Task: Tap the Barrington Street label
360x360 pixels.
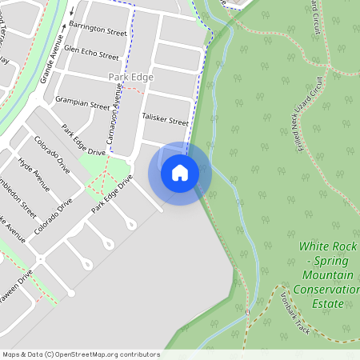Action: coord(98,31)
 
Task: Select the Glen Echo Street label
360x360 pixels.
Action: coord(94,54)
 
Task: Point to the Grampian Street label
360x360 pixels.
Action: coord(82,103)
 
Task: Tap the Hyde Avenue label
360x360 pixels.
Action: coord(34,175)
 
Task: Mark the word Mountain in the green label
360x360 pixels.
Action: coord(327,275)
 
